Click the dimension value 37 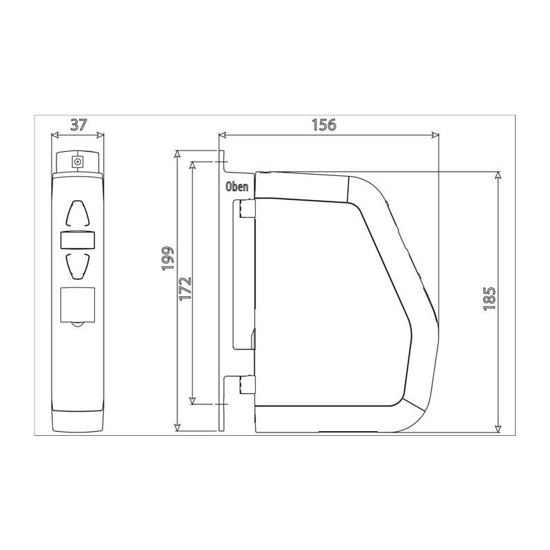[78, 124]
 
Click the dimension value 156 [324, 124]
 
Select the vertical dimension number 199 [168, 258]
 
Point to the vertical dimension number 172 [185, 289]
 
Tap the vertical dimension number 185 [489, 298]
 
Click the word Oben [236, 186]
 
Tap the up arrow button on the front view [78, 213]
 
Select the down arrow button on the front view [78, 266]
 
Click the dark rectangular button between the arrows [78, 240]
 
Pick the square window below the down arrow [78, 305]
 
